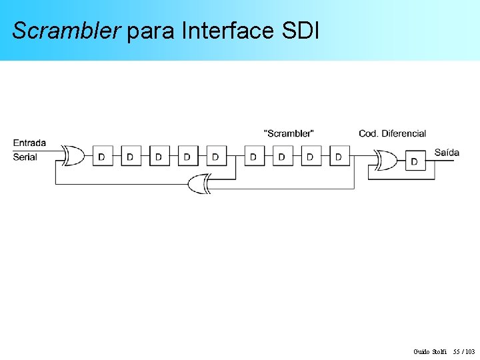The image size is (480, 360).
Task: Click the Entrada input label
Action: tap(29, 143)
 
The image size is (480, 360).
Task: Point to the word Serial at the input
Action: tap(25, 157)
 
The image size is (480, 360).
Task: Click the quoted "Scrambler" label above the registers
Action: tap(289, 133)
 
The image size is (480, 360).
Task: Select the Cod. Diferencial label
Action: tap(392, 133)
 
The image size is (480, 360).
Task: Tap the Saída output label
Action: tap(447, 153)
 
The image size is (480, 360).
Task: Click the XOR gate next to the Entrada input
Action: tap(73, 156)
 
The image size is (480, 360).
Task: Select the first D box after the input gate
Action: tap(102, 157)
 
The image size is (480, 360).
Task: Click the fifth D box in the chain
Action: tap(215, 157)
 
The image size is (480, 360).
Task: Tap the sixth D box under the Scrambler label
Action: tap(254, 157)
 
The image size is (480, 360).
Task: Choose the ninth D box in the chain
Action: tap(339, 157)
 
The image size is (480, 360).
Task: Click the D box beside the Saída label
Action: tap(415, 161)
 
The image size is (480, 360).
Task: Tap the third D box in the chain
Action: tap(159, 157)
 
